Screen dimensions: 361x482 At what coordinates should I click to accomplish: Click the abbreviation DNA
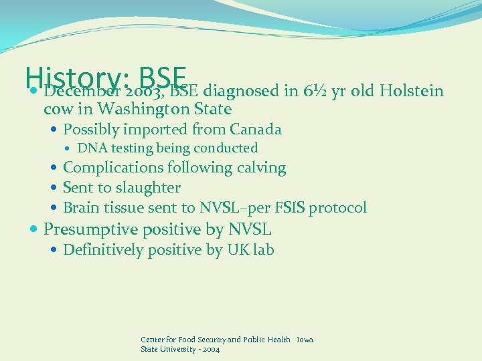[89, 148]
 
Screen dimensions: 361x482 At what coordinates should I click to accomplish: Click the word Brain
[80, 208]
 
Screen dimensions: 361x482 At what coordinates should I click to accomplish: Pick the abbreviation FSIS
[289, 208]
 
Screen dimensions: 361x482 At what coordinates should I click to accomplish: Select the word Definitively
[103, 250]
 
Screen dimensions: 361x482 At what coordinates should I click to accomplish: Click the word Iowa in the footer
[305, 340]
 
